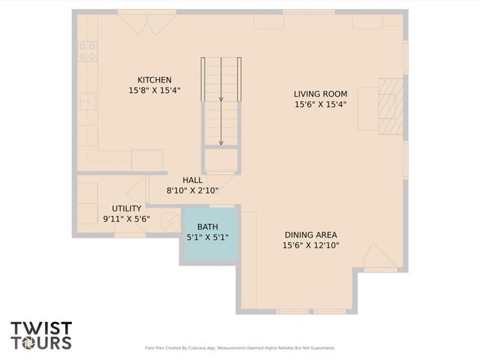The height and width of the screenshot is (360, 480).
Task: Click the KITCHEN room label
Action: point(154,80)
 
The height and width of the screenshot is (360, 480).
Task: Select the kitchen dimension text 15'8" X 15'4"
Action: point(154,91)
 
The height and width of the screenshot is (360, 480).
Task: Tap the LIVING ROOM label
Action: point(320,94)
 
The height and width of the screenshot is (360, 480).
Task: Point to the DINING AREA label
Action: point(310,235)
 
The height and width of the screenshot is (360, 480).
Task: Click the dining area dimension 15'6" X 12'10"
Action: point(310,245)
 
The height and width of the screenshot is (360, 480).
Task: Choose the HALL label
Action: point(193,180)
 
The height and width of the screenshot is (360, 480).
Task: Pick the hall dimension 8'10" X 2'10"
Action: point(193,190)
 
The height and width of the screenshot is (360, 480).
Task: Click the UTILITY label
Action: point(127,208)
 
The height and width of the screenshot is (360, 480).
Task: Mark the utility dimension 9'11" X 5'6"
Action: point(127,219)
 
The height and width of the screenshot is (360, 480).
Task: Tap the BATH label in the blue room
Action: point(208,227)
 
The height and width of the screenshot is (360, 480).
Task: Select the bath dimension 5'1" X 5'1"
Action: point(208,238)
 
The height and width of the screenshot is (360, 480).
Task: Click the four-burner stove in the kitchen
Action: point(88,51)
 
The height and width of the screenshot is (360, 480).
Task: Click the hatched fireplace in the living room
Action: point(390,106)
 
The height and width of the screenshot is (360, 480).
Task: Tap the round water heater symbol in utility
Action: point(171,222)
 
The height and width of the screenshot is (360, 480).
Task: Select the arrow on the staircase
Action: point(221,120)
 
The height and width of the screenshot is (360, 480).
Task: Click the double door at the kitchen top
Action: point(147,22)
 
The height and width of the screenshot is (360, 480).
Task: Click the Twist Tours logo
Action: point(41,335)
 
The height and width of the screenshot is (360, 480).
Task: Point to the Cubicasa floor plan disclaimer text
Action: point(239,348)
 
